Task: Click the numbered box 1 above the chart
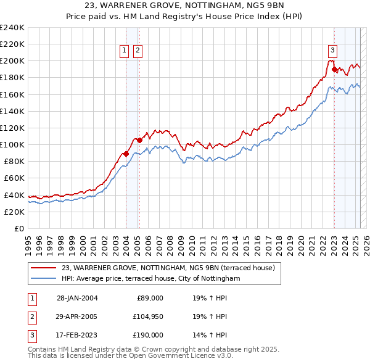pos(124,51)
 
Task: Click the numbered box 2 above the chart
pos(137,51)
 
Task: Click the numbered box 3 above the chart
pos(332,51)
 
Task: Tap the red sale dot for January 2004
pos(126,154)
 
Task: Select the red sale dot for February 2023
pos(334,69)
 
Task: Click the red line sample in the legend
pos(44,268)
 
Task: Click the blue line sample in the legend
pos(44,278)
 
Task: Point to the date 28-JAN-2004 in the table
pos(77,298)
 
